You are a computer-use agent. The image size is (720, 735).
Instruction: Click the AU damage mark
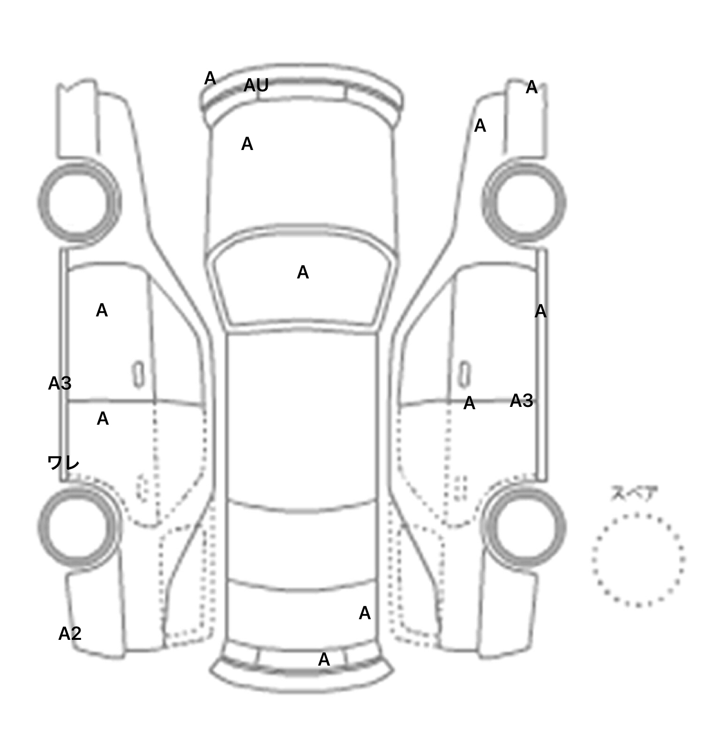click(x=256, y=85)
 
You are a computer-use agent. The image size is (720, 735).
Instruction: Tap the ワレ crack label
click(x=63, y=463)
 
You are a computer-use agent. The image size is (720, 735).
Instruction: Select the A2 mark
click(x=70, y=634)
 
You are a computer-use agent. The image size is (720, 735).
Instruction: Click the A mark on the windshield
click(x=303, y=272)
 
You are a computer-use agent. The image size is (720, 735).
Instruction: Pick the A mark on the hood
click(x=247, y=144)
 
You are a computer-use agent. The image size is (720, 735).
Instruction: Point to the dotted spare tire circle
click(x=638, y=560)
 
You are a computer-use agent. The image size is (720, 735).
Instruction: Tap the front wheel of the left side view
click(x=79, y=202)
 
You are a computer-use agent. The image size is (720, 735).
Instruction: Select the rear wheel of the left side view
click(x=79, y=526)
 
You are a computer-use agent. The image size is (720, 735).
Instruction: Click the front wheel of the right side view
click(x=524, y=202)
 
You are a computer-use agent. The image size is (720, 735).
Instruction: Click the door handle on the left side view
click(x=138, y=374)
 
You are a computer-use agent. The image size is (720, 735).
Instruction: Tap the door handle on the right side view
click(x=464, y=374)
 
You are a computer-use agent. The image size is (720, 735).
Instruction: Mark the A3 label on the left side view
click(x=60, y=383)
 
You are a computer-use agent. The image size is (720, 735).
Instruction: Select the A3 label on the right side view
click(x=521, y=401)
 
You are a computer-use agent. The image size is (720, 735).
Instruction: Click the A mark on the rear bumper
click(x=324, y=660)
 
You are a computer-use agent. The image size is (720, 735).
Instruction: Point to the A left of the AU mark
click(x=210, y=78)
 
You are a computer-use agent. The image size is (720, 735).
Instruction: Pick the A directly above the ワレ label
click(x=103, y=419)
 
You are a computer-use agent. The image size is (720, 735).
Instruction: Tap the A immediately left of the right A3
click(x=469, y=403)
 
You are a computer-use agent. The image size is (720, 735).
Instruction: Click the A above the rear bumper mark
click(x=365, y=613)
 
